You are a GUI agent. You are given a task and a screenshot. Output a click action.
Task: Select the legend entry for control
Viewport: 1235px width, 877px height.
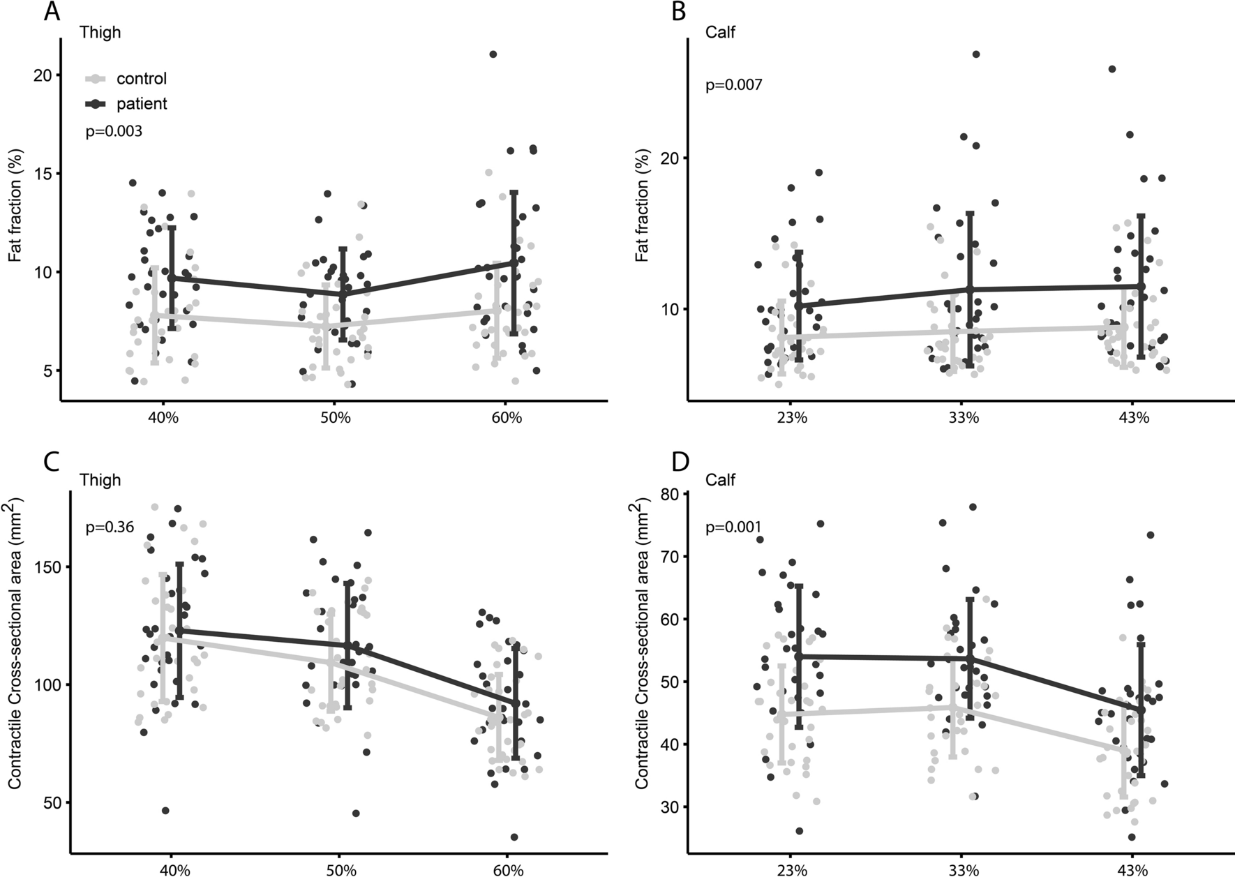(x=141, y=79)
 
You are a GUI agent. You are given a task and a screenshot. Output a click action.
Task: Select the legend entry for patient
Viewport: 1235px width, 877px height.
(x=141, y=104)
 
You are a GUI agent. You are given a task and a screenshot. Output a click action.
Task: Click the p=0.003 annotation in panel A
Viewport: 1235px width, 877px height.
(x=114, y=131)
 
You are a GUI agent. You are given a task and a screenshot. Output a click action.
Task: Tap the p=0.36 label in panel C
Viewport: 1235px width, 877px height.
(x=110, y=527)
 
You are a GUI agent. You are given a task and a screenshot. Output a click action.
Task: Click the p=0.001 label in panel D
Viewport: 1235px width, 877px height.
(x=733, y=527)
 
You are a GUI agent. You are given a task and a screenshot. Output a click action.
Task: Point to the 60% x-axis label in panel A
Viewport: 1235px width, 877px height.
(x=507, y=418)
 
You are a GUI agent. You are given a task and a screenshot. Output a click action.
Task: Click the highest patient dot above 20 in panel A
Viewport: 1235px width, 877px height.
(x=493, y=54)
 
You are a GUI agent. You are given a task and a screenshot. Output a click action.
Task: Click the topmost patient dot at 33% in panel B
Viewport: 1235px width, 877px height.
(x=976, y=54)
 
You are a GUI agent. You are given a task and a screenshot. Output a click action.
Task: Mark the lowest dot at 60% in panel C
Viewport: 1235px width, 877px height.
(x=514, y=837)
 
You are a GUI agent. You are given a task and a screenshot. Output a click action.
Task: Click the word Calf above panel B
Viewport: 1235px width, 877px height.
(x=720, y=32)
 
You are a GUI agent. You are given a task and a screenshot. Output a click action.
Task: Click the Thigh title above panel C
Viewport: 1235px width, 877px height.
(x=100, y=480)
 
